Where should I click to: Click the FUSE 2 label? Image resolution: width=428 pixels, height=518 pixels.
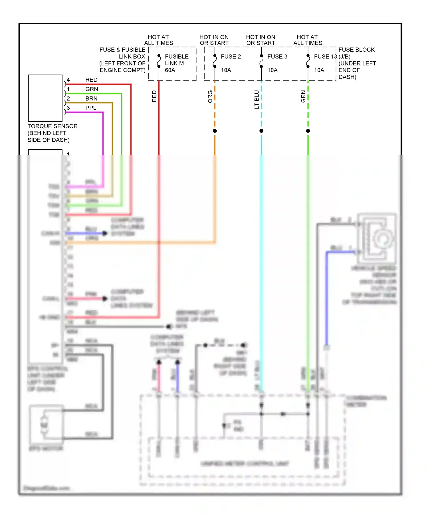pyautogui.click(x=231, y=57)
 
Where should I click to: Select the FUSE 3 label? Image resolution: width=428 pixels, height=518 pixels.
pyautogui.click(x=277, y=57)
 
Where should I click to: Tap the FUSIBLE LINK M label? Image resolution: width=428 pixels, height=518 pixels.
pyautogui.click(x=176, y=60)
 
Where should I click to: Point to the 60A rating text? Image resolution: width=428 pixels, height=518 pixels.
pyautogui.click(x=170, y=70)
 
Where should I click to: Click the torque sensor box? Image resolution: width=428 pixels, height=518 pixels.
pyautogui.click(x=45, y=98)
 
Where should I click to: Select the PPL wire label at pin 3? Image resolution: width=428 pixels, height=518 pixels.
pyautogui.click(x=91, y=108)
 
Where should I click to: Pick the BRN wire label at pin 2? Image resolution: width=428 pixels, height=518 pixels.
pyautogui.click(x=91, y=99)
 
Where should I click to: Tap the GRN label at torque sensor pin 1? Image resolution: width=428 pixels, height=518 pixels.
pyautogui.click(x=92, y=89)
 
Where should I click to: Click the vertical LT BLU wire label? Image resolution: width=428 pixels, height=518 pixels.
pyautogui.click(x=257, y=99)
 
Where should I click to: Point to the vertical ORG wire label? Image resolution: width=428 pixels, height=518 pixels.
pyautogui.click(x=210, y=97)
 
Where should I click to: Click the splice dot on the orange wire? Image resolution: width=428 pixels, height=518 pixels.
pyautogui.click(x=215, y=131)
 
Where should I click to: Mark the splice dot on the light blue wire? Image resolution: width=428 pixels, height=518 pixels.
pyautogui.click(x=261, y=131)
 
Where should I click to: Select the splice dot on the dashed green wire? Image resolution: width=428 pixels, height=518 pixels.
pyautogui.click(x=308, y=131)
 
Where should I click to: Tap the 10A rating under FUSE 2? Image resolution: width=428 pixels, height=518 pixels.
pyautogui.click(x=226, y=70)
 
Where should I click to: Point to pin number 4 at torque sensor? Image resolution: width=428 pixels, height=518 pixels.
pyautogui.click(x=68, y=80)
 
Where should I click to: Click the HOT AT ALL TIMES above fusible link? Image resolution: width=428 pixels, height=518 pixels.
pyautogui.click(x=158, y=40)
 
